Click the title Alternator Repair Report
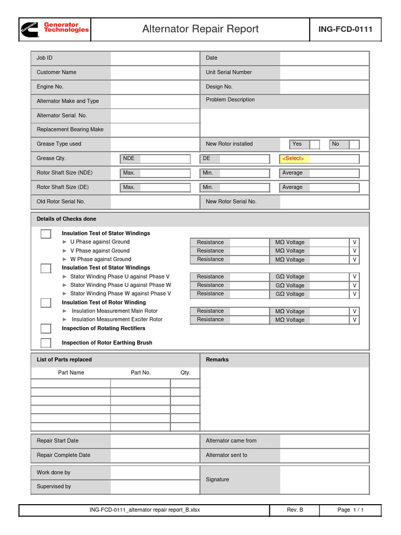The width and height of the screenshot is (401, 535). pos(200,29)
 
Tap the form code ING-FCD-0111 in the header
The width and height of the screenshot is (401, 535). pos(345,29)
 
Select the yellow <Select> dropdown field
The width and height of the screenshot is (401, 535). pos(319,159)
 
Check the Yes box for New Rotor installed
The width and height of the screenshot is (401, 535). pos(314,144)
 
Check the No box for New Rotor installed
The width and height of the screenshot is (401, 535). pos(354,144)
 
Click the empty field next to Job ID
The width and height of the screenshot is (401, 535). pos(155,58)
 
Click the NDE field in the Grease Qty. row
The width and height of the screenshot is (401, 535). pos(155,159)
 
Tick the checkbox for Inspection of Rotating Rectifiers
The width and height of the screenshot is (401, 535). pos(46,329)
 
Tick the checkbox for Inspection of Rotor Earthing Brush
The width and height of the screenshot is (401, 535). pos(46,343)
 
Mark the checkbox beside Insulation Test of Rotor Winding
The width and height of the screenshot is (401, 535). pos(46,303)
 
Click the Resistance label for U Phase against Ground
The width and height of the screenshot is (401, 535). pos(210,242)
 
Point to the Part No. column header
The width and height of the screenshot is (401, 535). pos(140,373)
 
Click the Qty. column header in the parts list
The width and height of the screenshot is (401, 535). pos(185,373)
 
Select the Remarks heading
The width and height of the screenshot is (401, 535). pos(217,359)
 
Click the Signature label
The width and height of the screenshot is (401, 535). pos(217,480)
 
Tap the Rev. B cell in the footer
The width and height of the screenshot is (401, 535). pos(294,510)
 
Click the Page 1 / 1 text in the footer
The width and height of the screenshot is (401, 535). pos(350,510)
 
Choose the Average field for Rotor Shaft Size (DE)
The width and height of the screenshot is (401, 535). pos(319,188)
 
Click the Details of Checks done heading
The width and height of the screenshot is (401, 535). pos(66,219)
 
